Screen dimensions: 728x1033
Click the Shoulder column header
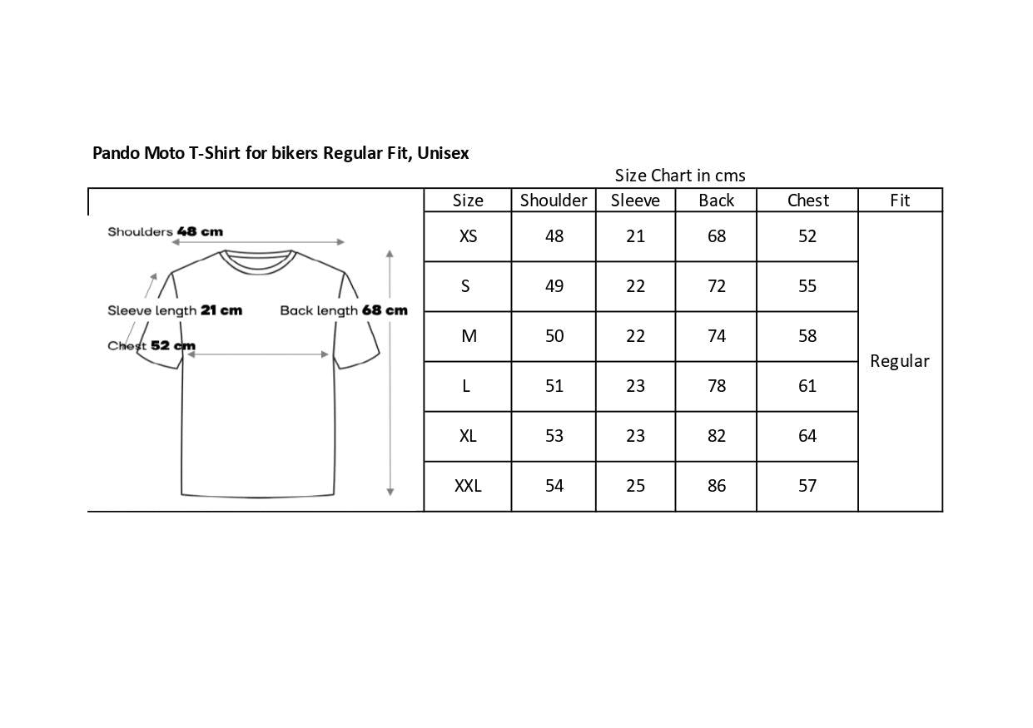[554, 201]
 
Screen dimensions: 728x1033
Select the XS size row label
[468, 236]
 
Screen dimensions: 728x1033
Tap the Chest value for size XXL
[807, 486]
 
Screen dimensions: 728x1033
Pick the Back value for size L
[716, 386]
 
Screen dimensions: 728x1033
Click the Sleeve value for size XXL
[635, 486]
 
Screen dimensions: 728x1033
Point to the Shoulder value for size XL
[554, 436]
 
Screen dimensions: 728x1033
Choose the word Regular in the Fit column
[899, 361]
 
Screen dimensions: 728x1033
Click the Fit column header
[900, 201]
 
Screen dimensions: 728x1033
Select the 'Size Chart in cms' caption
[680, 176]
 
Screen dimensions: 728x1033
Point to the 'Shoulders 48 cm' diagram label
[165, 231]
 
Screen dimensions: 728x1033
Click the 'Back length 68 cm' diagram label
[344, 310]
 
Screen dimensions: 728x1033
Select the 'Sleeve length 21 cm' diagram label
[175, 310]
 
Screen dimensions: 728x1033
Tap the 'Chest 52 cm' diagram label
[151, 345]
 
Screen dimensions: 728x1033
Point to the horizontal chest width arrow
[258, 355]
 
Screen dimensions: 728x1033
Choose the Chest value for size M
[807, 336]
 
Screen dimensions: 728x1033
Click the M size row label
[469, 336]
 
